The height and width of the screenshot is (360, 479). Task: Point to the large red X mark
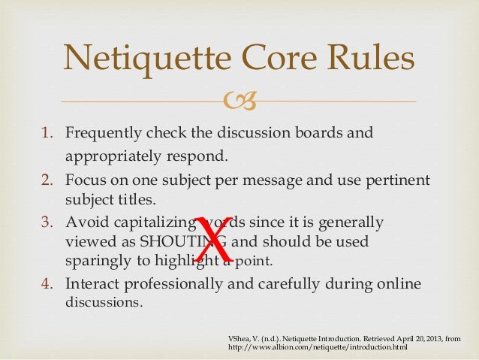point(215,238)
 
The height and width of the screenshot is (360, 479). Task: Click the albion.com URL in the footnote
point(312,349)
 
